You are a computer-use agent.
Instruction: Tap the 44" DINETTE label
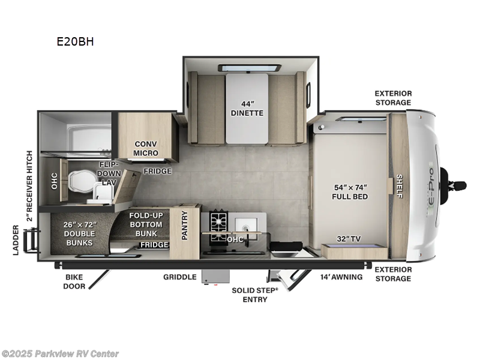(247, 109)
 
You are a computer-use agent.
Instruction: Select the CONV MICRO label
(146, 148)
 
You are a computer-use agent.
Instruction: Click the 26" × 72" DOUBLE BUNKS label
(80, 233)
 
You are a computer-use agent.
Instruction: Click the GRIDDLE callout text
(179, 277)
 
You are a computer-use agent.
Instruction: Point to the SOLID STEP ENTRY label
(255, 295)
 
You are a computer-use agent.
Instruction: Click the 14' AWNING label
(341, 277)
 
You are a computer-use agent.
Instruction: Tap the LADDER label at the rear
(16, 240)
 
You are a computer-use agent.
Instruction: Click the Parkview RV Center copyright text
(60, 354)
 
